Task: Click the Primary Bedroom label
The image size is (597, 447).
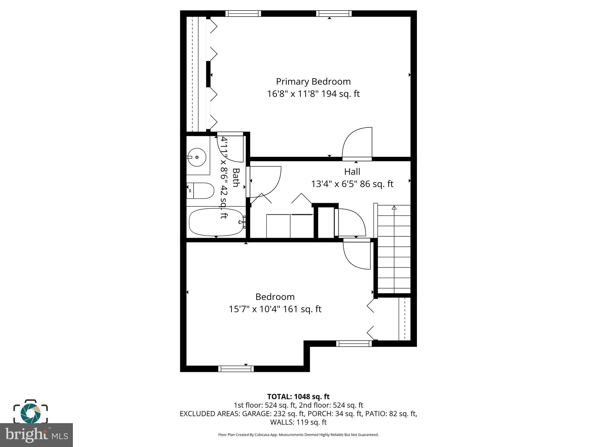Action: [313, 81]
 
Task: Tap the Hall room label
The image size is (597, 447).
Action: [352, 172]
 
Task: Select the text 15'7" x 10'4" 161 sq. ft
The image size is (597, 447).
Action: [275, 309]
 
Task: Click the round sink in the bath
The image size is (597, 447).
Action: [197, 157]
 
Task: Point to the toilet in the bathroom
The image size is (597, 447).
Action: [201, 191]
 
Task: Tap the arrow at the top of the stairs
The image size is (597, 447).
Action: [394, 208]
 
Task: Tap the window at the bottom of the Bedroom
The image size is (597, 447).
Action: [236, 369]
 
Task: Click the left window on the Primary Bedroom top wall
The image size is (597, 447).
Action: [243, 13]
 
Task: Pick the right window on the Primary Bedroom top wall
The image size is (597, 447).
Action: [334, 13]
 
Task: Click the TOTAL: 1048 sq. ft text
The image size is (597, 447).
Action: [298, 397]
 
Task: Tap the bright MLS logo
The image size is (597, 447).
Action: [36, 435]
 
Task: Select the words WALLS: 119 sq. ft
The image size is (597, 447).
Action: [298, 422]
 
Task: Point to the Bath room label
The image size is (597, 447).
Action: [236, 178]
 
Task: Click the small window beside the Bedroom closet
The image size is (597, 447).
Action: [354, 344]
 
